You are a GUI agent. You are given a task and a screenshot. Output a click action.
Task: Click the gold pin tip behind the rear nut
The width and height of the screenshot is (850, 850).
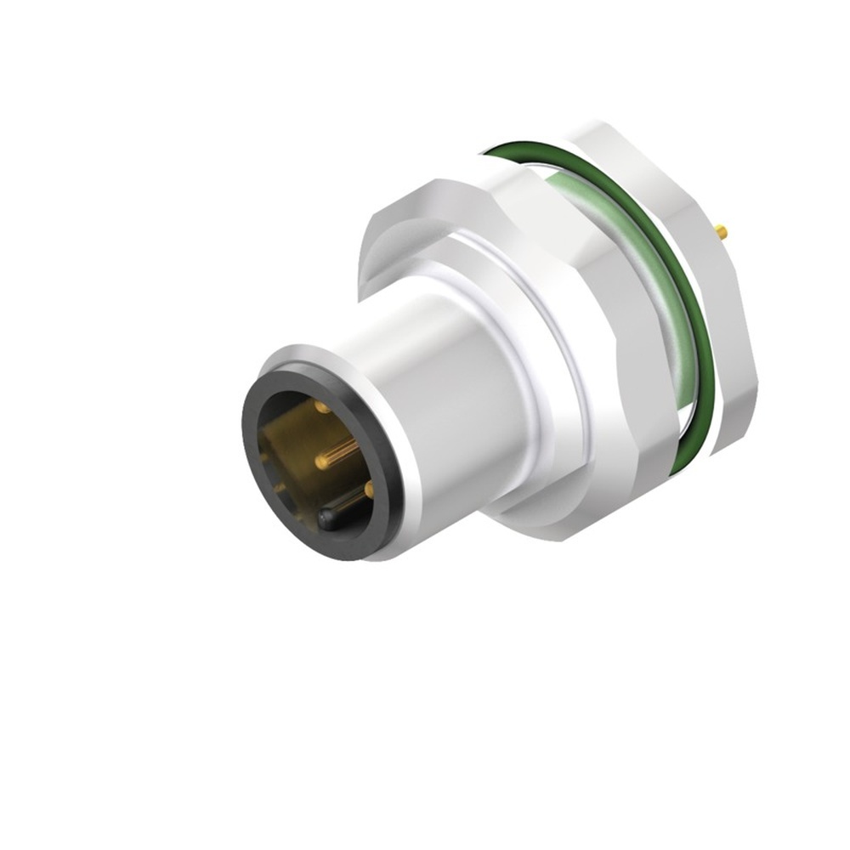pos(722,230)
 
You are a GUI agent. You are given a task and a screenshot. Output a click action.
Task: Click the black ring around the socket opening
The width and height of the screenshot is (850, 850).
pos(255,476)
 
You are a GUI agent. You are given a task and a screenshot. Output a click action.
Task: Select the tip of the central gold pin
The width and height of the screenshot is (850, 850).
pos(320,462)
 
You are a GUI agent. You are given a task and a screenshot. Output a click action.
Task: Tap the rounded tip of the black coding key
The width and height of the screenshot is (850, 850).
pos(325,516)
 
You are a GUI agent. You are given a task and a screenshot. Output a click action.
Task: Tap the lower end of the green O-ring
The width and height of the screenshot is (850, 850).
pos(680,463)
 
